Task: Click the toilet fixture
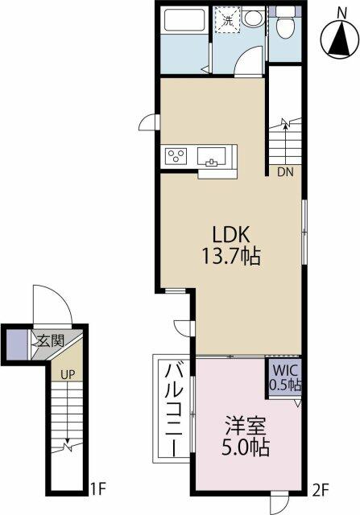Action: pos(283,26)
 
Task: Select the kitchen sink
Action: pos(213,154)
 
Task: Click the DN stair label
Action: pos(286,171)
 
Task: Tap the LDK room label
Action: pos(233,234)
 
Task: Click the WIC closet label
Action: pos(283,371)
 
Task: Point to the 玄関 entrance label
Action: pos(48,340)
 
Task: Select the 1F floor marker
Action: pos(97,487)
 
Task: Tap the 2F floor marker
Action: pos(321,487)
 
